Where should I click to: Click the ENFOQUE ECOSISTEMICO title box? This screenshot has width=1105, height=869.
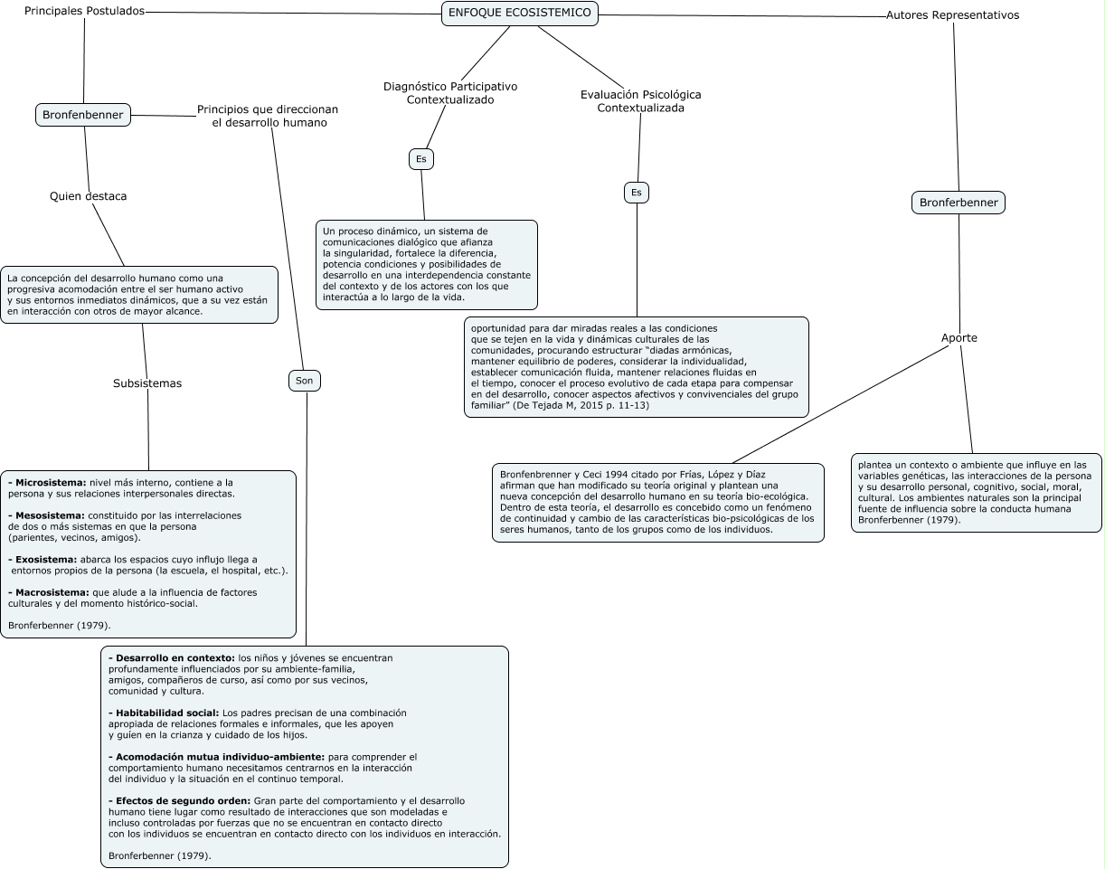tap(520, 13)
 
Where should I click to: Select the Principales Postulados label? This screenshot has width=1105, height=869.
tap(84, 11)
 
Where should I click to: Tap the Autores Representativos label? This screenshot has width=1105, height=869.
tap(952, 15)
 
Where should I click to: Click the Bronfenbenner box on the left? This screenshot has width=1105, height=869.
tap(84, 115)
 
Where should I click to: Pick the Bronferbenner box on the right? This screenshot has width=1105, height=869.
tap(959, 203)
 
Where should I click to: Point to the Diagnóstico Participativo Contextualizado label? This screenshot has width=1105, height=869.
tap(450, 93)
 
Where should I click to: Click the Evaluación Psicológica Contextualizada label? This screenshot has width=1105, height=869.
tap(640, 100)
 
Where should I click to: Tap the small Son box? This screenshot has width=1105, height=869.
tap(305, 381)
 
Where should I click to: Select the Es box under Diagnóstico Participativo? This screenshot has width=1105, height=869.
tap(420, 159)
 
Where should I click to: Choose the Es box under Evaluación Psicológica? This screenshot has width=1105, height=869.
tap(637, 193)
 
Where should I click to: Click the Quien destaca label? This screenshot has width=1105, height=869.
tap(88, 196)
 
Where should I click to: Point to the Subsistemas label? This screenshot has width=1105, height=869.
tap(147, 383)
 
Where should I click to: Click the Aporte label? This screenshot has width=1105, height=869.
tap(959, 338)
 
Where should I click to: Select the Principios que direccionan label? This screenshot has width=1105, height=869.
tap(268, 116)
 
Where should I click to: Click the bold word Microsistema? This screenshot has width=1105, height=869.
tap(51, 483)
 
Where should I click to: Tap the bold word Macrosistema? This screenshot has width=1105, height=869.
tap(52, 592)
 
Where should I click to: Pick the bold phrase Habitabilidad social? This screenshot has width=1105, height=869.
tap(166, 713)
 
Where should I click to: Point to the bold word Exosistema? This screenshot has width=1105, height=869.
tap(46, 559)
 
